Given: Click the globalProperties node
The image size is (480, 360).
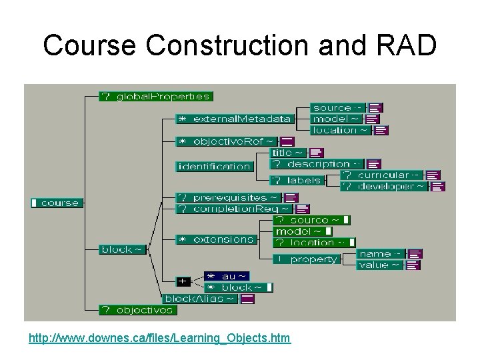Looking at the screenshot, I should (155, 97).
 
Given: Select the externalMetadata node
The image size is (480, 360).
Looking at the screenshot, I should (234, 119).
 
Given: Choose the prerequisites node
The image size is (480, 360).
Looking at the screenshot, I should (228, 198).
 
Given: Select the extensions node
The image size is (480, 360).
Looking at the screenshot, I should (216, 239).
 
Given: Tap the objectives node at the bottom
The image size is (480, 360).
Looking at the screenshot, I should (137, 310).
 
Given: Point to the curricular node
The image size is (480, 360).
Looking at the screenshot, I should (383, 175).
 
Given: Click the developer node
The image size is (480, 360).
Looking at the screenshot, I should (384, 187).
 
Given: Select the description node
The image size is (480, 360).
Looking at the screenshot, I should (317, 164).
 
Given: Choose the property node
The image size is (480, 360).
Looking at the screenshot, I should (307, 259).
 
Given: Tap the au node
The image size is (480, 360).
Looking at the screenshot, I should (227, 276).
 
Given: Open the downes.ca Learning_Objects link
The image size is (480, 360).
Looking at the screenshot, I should (160, 339).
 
